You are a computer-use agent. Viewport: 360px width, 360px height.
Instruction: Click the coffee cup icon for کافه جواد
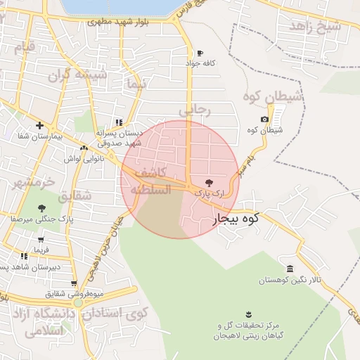[x=200, y=53]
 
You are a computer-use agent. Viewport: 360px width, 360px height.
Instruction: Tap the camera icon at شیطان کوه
[x=264, y=120]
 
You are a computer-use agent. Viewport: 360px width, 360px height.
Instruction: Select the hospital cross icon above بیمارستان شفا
[x=40, y=125]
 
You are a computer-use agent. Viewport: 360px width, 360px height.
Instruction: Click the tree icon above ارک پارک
[x=207, y=181]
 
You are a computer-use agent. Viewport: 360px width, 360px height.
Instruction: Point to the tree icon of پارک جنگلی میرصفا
[x=42, y=207]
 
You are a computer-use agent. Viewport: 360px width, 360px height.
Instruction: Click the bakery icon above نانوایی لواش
[x=84, y=148]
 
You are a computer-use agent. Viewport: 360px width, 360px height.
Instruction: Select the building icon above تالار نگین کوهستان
[x=290, y=269]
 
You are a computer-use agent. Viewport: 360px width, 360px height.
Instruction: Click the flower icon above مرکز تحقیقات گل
[x=247, y=314]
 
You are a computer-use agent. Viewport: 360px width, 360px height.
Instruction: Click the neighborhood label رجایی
[x=194, y=110]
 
